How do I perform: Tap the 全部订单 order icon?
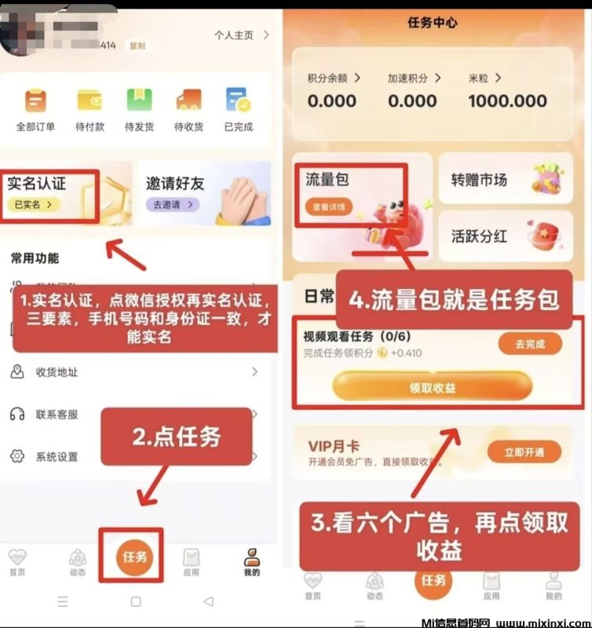[35, 100]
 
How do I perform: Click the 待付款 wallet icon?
[89, 100]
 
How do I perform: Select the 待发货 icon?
[139, 100]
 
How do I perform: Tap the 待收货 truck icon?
[188, 100]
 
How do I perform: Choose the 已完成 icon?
[238, 100]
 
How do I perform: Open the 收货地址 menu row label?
[57, 372]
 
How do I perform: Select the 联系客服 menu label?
[57, 414]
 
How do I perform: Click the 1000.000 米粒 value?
[507, 100]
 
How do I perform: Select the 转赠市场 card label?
[479, 180]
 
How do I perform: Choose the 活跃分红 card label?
[479, 236]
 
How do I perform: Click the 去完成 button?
[529, 343]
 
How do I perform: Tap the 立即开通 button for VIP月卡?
[524, 451]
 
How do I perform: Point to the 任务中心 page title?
[432, 22]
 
